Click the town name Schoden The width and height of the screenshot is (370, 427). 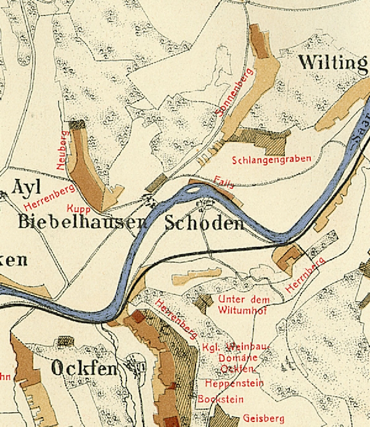click(204, 223)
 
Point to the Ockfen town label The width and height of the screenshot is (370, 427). click(84, 369)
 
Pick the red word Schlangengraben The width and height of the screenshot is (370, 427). click(271, 160)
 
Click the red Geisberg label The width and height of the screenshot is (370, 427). click(265, 418)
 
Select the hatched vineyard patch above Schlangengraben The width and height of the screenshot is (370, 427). click(261, 139)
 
